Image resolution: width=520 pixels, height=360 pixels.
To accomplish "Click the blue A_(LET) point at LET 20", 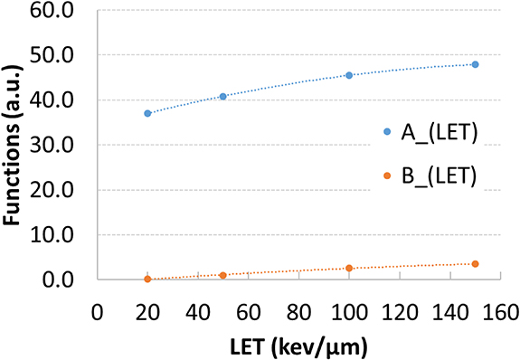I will (x=147, y=113).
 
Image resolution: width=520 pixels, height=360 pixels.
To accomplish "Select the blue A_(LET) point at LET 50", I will (x=222, y=96).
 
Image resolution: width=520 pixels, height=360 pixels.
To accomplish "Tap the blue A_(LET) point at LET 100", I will (x=349, y=75).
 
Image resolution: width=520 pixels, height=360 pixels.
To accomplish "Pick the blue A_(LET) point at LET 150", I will (x=475, y=64).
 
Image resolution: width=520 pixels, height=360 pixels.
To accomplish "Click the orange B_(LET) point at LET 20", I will (x=147, y=279).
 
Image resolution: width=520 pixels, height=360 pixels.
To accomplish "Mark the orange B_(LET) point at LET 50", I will (x=222, y=275).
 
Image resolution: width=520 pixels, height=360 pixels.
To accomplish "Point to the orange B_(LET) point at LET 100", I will (x=349, y=268).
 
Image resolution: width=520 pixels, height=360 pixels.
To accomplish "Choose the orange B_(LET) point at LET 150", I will (x=475, y=263).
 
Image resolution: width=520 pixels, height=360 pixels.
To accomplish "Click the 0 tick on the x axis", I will (x=97, y=313).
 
